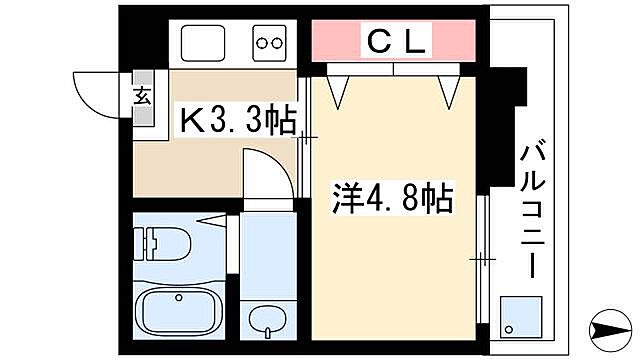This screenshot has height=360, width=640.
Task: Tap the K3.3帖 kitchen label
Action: point(237,120)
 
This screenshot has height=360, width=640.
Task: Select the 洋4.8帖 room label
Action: point(392,198)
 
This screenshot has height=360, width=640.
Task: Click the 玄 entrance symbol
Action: point(142,97)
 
